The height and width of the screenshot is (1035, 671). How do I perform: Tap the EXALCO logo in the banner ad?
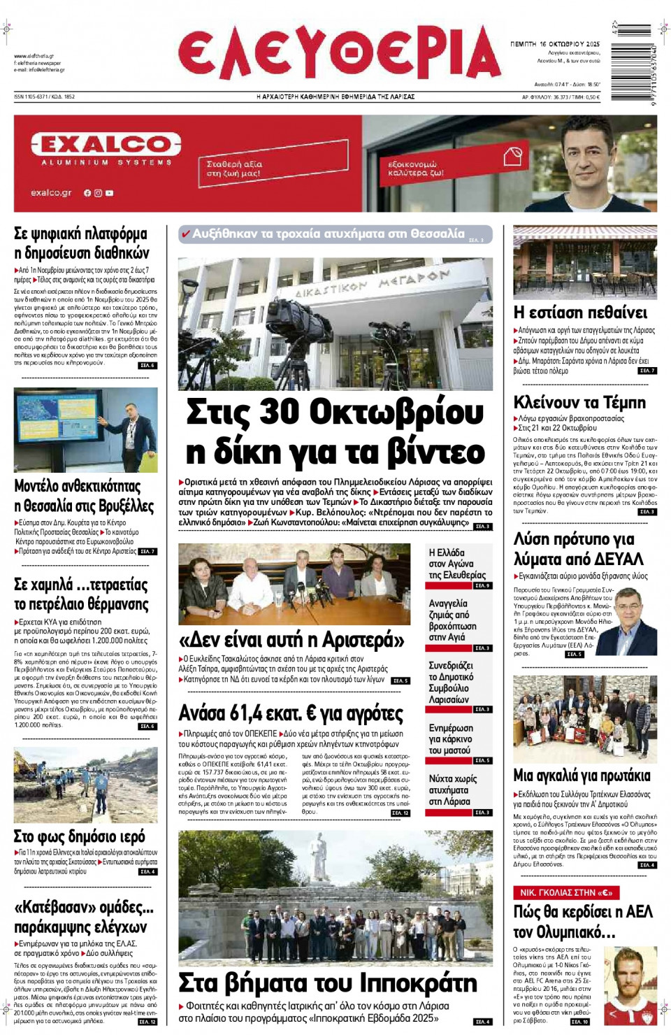(x=106, y=145)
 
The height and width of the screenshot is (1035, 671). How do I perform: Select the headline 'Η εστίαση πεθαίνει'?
(x=580, y=313)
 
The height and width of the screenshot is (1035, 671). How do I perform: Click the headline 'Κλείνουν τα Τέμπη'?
(x=579, y=402)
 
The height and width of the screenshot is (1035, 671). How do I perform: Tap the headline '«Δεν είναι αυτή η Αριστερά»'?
(x=291, y=640)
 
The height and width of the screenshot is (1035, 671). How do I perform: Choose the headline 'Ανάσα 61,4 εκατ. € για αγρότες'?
(x=291, y=713)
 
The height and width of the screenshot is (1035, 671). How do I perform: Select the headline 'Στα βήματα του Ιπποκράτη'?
(x=328, y=983)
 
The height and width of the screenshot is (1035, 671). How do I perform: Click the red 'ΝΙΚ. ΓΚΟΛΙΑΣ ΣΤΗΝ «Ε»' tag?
(x=566, y=892)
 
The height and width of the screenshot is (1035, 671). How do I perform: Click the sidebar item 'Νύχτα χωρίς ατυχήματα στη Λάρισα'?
(x=453, y=790)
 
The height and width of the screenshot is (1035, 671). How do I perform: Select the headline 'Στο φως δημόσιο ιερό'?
(x=80, y=836)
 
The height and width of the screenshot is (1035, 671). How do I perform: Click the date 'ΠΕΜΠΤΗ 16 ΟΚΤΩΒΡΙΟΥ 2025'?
(x=555, y=43)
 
